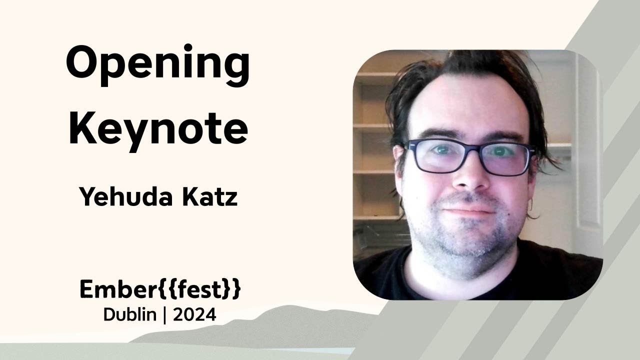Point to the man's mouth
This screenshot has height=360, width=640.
coord(468,211)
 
